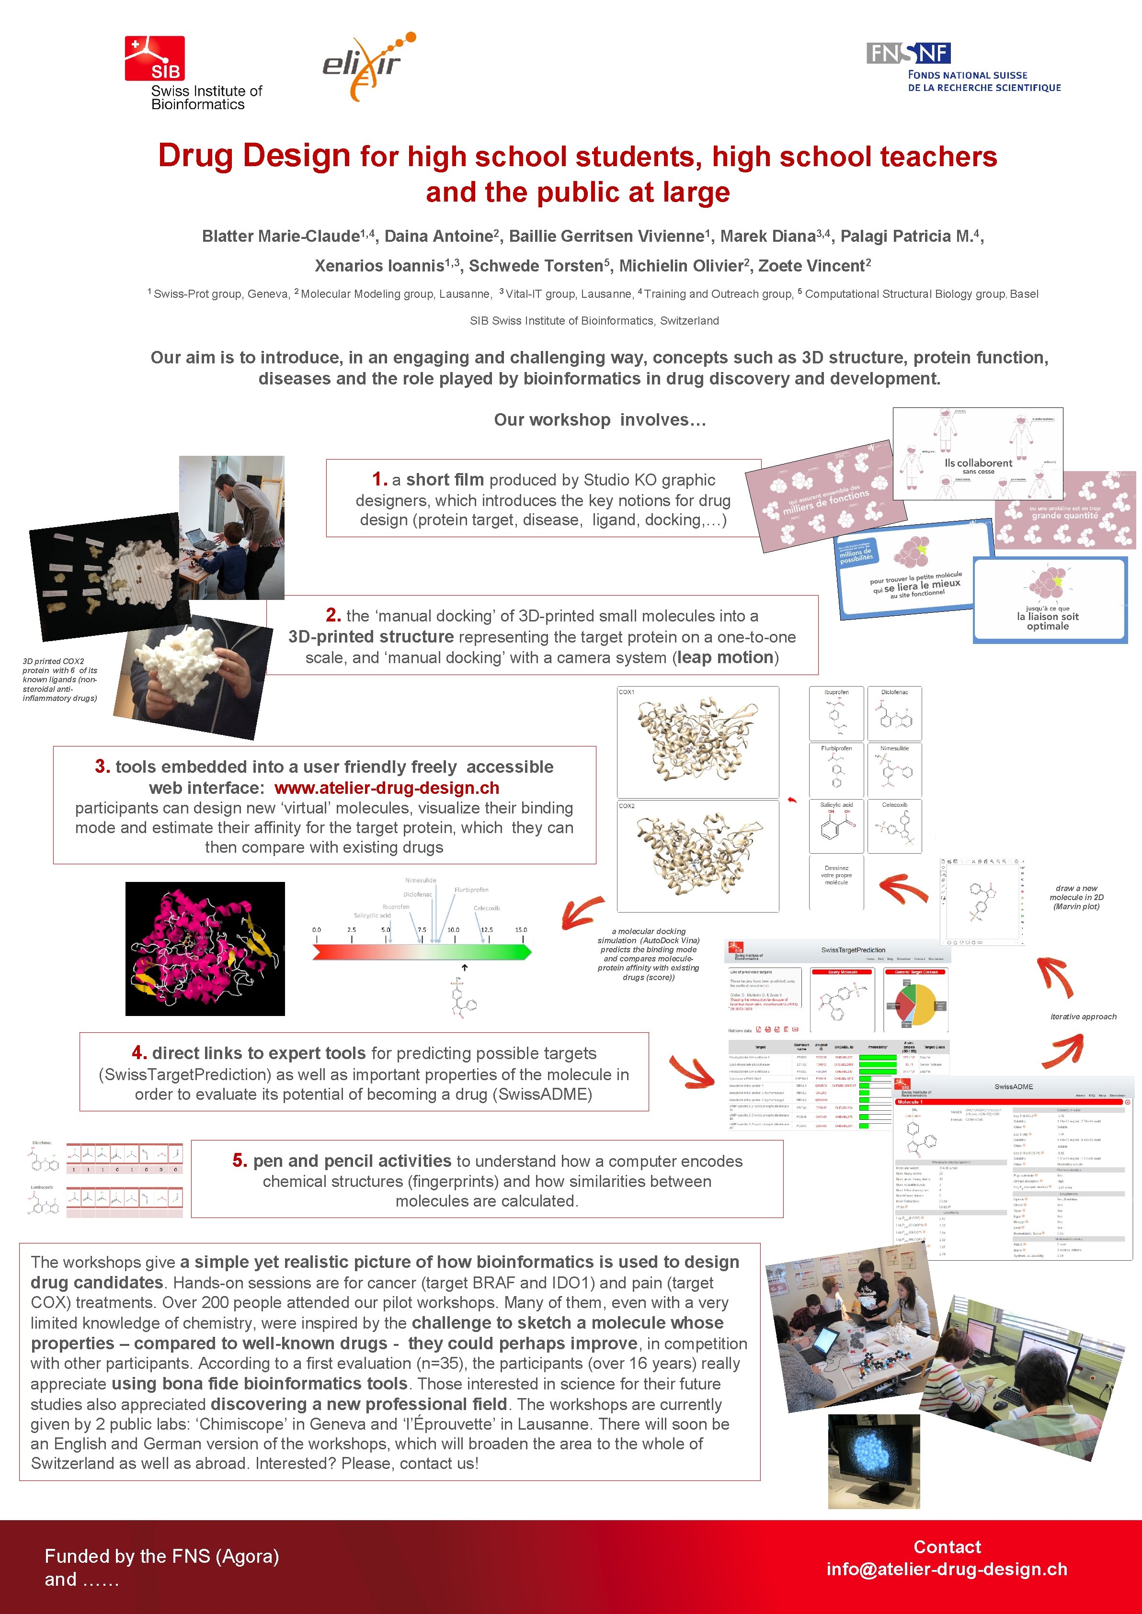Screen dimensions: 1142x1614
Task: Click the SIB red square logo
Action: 155,58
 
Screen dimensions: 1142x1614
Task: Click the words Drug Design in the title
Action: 254,155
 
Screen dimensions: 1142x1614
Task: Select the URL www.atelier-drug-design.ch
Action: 387,788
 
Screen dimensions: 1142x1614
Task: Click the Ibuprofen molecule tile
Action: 835,713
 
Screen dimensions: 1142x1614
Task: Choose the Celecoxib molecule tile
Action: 894,826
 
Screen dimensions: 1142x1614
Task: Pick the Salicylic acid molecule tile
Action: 835,826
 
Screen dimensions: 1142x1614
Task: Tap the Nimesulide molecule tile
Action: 894,770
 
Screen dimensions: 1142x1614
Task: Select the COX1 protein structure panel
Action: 697,742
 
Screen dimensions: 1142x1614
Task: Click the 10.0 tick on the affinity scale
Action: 454,930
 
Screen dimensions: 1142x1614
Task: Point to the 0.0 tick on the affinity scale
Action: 317,930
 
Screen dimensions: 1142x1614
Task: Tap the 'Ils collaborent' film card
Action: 977,454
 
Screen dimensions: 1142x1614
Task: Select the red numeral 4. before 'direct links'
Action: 139,1053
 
